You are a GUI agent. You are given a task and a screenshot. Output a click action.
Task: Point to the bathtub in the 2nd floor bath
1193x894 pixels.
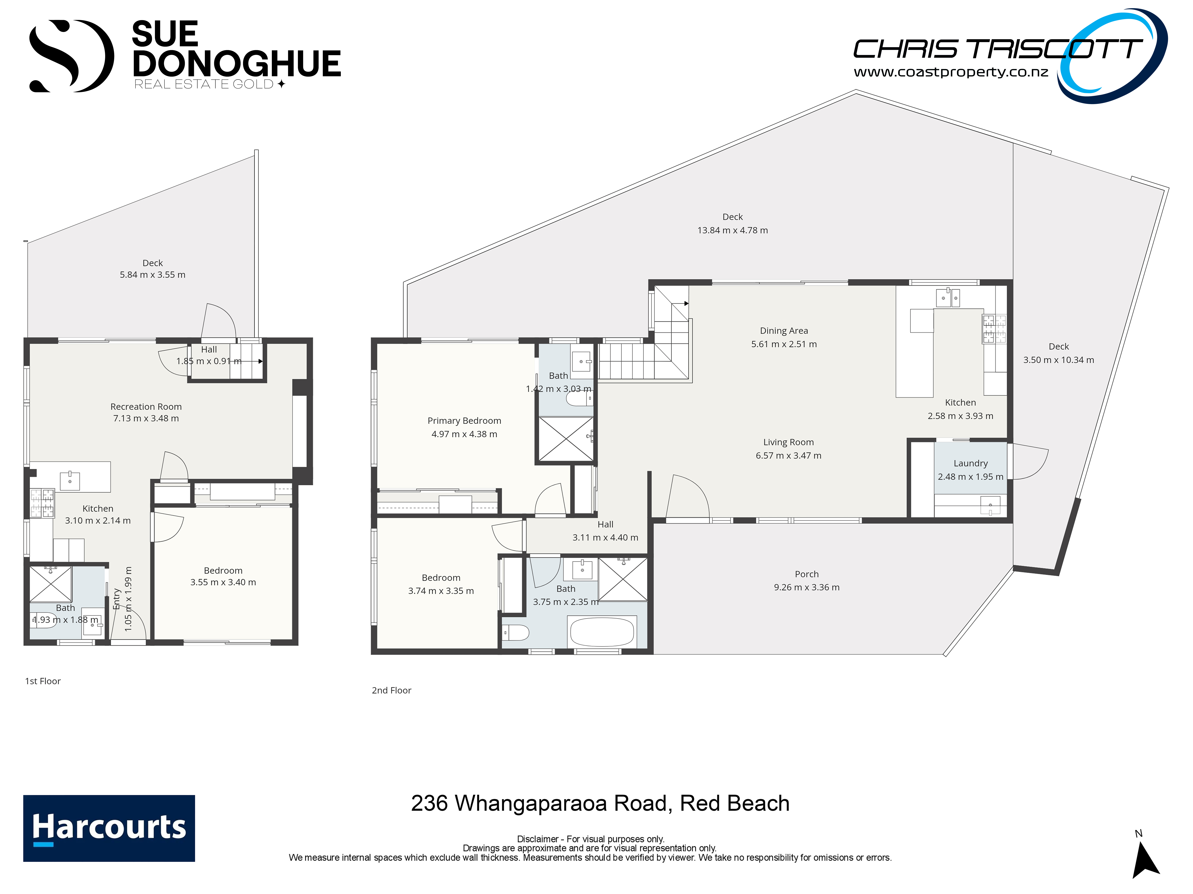(602, 632)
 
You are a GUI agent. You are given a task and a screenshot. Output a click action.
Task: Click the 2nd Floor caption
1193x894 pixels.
(391, 690)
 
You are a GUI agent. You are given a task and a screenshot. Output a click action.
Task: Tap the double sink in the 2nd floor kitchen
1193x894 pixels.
(948, 297)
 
